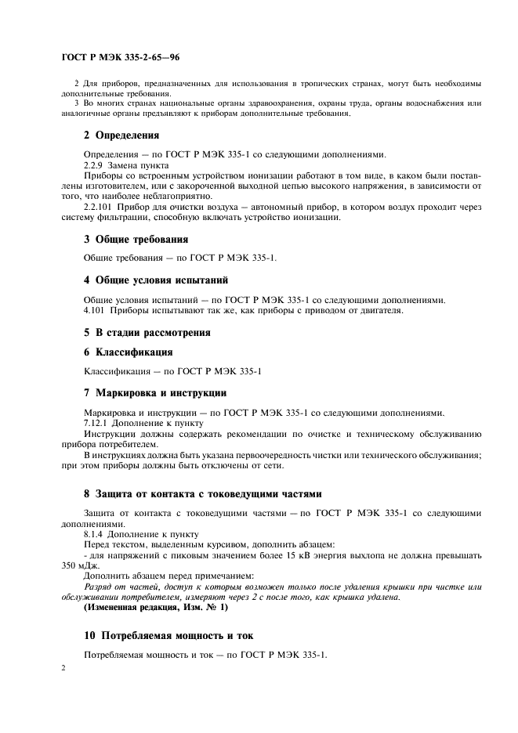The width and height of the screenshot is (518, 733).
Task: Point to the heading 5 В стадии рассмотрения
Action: click(x=147, y=332)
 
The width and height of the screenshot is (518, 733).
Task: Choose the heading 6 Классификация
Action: click(x=129, y=352)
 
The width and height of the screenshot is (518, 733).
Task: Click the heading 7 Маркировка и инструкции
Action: click(x=155, y=392)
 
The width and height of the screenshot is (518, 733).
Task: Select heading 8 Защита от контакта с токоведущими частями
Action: click(x=202, y=494)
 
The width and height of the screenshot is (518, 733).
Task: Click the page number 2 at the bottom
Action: click(x=63, y=670)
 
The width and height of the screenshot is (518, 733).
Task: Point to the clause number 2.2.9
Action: click(x=94, y=166)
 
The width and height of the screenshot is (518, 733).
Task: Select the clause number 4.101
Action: click(x=95, y=311)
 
